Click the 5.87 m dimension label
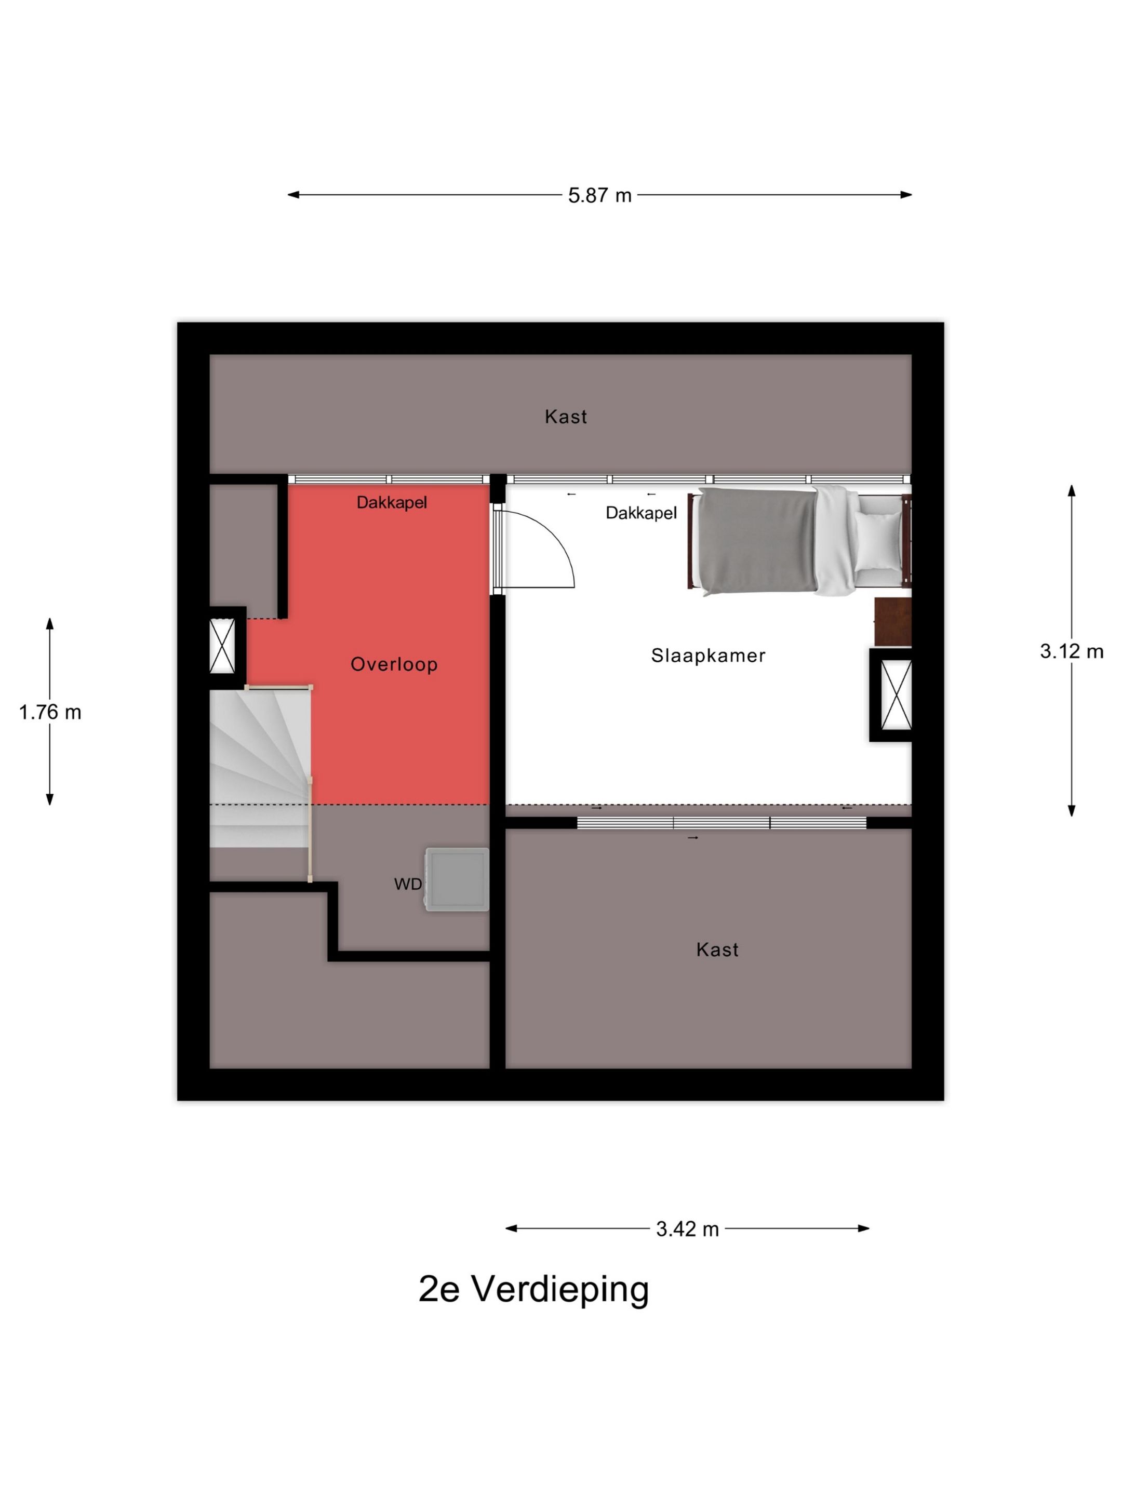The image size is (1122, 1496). coord(599,195)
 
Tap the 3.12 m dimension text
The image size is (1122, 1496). coord(1071,651)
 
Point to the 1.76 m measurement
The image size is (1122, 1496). coord(50,712)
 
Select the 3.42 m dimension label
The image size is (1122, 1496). coord(687,1229)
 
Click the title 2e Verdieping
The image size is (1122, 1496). coord(533,1289)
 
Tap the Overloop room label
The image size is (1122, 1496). coord(394,664)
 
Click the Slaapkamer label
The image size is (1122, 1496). coord(708,656)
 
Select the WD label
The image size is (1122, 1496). coord(408,884)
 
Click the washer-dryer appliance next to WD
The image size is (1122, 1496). coord(457,879)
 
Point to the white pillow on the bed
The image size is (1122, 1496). coord(878,541)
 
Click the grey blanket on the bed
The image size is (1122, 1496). coord(757,541)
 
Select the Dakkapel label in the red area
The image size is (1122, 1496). coord(392,502)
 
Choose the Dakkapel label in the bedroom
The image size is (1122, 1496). coord(641,513)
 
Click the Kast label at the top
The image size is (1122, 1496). coord(566,417)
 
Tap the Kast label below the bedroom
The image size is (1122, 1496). coord(717,950)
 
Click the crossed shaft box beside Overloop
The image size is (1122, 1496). coord(222,646)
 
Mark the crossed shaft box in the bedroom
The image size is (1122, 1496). coord(897,694)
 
